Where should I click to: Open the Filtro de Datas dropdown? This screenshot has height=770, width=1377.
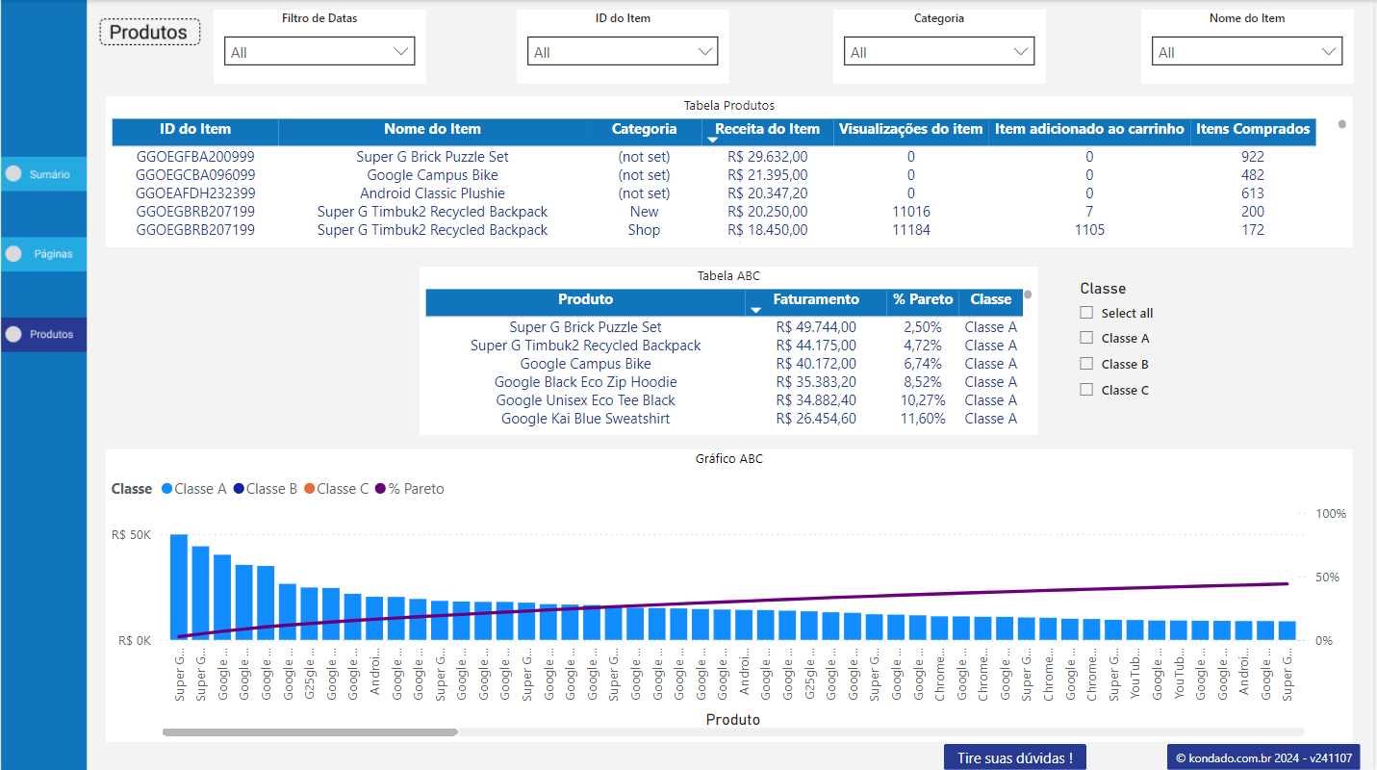coord(319,52)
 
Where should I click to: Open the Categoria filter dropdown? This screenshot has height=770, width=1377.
coord(938,52)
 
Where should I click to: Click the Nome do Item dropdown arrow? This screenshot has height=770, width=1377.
coord(1329,52)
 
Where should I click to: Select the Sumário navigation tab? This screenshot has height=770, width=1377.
coord(43,174)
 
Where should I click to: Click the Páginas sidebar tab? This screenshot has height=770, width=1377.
coord(43,254)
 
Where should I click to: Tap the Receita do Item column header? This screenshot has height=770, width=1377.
coord(767,129)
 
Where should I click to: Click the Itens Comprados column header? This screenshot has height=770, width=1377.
coord(1252,129)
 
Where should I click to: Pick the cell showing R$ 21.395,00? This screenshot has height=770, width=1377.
coord(767,175)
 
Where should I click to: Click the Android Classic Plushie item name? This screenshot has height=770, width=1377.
coord(432,193)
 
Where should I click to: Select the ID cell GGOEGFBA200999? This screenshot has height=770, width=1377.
coord(195,157)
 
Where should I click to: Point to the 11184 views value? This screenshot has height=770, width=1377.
coord(910,230)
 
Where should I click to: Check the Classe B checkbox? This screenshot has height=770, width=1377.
coord(1086,364)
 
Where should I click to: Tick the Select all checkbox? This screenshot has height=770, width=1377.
coord(1086,313)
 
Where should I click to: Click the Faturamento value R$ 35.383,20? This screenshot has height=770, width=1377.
coord(815,382)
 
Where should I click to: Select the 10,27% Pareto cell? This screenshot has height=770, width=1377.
coord(922,400)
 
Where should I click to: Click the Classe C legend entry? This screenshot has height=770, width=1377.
coord(335,489)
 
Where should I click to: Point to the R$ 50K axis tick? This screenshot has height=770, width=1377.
coord(131,535)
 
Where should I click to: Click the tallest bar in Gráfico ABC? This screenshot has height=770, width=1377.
coord(179,587)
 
